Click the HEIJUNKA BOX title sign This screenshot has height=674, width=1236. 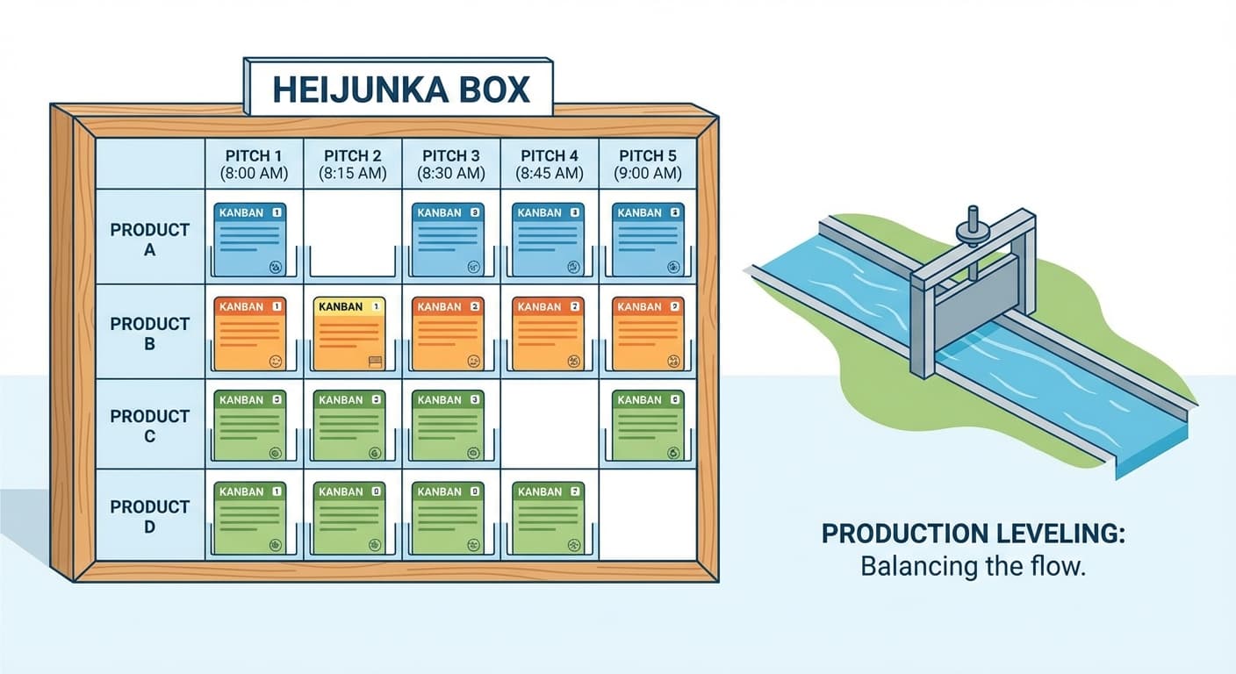click(399, 90)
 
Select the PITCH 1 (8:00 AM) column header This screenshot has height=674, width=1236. click(254, 164)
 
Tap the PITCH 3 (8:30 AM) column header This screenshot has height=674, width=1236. click(450, 164)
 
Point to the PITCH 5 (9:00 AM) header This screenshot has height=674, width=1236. click(649, 164)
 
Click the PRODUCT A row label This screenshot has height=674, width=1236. click(149, 239)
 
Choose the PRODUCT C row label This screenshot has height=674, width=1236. click(149, 425)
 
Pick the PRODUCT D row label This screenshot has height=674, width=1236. click(149, 516)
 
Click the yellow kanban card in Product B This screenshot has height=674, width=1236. click(349, 333)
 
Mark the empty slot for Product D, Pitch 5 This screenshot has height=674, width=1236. click(648, 516)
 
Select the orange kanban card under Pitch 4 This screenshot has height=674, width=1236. click(549, 333)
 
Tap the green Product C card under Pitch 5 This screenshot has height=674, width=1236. click(649, 427)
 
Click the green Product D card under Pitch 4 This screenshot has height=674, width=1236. click(549, 518)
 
